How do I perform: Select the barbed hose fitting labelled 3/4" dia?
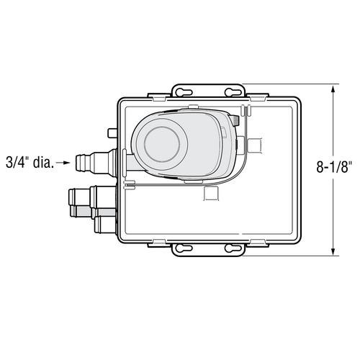coord(86,162)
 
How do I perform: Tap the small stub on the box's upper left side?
coord(112,133)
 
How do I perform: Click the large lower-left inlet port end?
coord(73,197)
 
